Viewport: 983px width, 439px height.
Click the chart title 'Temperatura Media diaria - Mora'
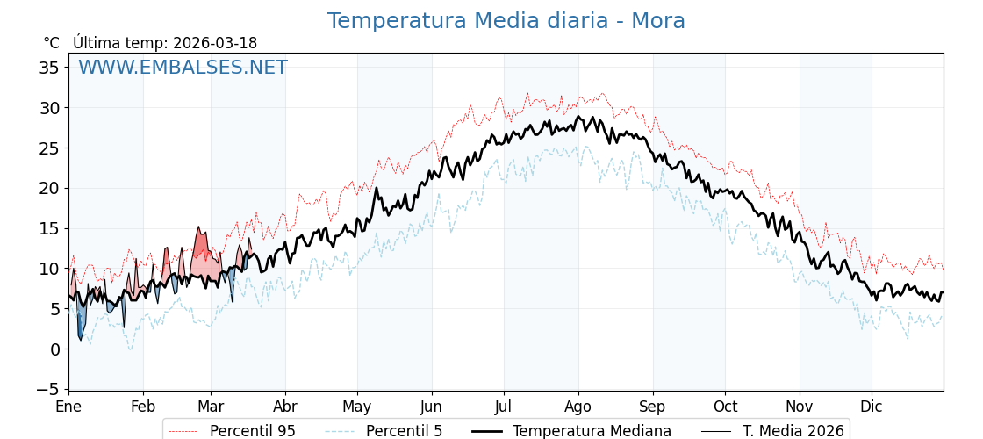506,21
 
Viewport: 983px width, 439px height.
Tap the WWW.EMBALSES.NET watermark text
183,68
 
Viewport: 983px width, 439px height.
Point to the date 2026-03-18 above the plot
215,43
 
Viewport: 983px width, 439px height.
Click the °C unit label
51,43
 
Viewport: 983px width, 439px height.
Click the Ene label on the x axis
68,407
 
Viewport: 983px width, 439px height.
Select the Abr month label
285,407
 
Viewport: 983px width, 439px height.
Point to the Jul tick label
504,407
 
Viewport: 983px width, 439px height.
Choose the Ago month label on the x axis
578,407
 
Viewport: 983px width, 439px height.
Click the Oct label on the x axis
725,407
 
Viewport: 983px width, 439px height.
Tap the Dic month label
872,407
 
